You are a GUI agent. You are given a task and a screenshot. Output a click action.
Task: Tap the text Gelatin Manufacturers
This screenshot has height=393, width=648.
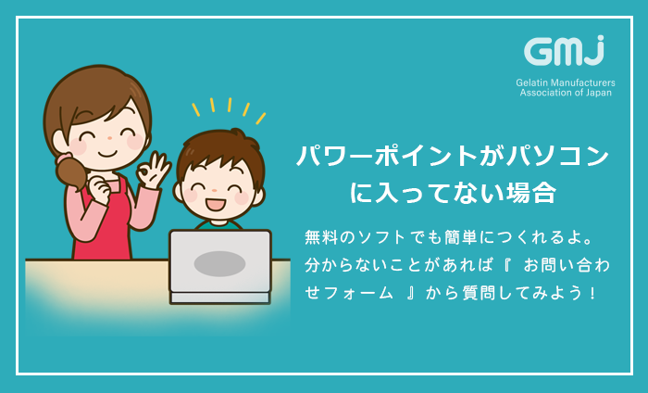coord(566,82)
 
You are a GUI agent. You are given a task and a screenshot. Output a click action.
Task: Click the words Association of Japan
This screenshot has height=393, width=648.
coord(566,93)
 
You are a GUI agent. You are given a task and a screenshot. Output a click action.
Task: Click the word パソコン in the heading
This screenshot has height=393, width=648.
coord(558,156)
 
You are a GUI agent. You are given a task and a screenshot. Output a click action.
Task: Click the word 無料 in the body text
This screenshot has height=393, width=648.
coord(321,237)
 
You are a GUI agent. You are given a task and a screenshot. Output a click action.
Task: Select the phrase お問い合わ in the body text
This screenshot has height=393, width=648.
coord(567,265)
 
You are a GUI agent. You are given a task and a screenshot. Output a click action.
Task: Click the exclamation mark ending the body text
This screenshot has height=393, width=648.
coord(593,293)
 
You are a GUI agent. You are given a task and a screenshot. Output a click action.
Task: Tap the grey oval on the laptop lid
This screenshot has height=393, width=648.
coord(220,263)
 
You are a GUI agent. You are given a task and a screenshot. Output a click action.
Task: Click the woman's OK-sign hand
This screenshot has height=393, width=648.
coord(153,171)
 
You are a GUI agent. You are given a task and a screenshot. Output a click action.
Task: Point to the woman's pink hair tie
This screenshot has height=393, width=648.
coord(64,158)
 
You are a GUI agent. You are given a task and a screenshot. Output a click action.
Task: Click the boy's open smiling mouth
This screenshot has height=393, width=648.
coord(216,205)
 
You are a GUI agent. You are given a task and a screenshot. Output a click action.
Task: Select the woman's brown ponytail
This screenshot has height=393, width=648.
coord(71,174)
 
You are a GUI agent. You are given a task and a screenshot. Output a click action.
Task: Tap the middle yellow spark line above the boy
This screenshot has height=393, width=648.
coord(230,105)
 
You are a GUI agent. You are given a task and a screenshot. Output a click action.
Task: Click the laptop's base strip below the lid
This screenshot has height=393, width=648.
coord(220,298)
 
